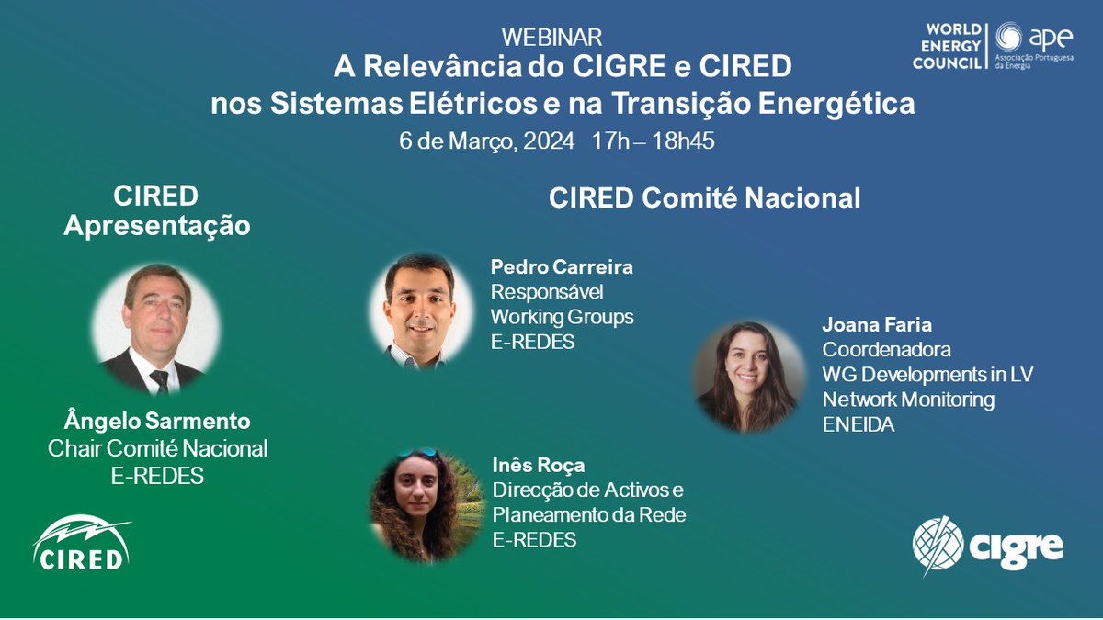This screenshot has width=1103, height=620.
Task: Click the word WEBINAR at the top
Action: [x=551, y=38]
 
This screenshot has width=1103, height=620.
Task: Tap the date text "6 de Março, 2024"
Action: [x=486, y=141]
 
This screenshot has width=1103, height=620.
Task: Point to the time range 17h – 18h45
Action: [x=654, y=141]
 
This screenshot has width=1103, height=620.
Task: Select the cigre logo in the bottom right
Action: [x=988, y=546]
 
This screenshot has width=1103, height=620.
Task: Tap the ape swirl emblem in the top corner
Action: [x=1008, y=38]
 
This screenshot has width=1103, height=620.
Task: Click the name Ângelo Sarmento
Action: [x=157, y=423]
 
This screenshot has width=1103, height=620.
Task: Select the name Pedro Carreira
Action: [x=562, y=267]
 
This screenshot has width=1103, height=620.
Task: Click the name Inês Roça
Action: [x=537, y=465]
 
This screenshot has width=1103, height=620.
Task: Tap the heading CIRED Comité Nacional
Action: [x=704, y=197]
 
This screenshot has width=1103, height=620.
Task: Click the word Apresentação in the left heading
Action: [x=157, y=225]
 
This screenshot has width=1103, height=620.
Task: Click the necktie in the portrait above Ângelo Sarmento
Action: [x=160, y=379]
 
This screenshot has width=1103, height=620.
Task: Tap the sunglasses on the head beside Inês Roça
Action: [x=417, y=454]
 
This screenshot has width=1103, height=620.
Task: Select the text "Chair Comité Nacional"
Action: [x=157, y=448]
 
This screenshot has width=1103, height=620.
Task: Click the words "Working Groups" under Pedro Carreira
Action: [x=562, y=317]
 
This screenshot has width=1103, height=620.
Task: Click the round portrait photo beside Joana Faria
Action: [x=749, y=376]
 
